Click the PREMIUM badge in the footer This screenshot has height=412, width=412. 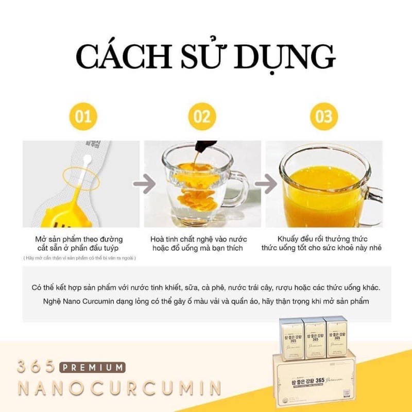(92, 368)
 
